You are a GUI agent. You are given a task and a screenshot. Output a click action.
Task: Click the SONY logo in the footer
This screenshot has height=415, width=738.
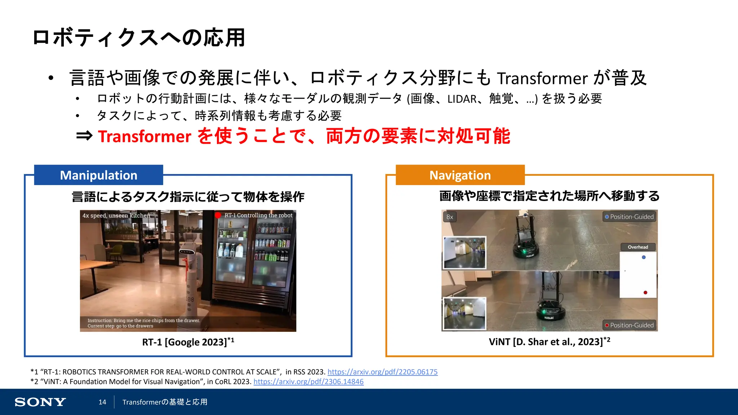pyautogui.click(x=40, y=402)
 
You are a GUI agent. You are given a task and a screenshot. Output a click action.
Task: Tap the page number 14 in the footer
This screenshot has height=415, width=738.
pyautogui.click(x=102, y=402)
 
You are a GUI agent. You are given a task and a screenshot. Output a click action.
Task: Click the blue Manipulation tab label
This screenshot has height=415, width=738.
pyautogui.click(x=98, y=175)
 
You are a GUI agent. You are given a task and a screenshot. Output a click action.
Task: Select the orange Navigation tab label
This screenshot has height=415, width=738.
pyautogui.click(x=460, y=175)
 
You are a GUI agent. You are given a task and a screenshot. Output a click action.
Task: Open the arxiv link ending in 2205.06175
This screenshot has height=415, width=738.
pyautogui.click(x=382, y=372)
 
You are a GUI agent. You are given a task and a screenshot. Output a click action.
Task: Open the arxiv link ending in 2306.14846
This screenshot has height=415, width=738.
pyautogui.click(x=308, y=381)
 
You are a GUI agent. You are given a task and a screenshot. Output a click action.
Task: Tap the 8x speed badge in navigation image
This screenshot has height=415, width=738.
pyautogui.click(x=449, y=217)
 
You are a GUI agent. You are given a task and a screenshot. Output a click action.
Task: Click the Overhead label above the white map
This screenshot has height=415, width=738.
pyautogui.click(x=637, y=247)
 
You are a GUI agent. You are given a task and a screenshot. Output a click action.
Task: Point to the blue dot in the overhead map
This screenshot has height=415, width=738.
pyautogui.click(x=644, y=257)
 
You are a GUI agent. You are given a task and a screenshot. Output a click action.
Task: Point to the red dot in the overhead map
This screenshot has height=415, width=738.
pyautogui.click(x=645, y=293)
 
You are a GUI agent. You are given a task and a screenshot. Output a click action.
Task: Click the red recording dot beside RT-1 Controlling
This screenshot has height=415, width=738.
pyautogui.click(x=218, y=215)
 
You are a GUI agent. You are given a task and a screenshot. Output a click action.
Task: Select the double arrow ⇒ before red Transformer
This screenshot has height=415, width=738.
pyautogui.click(x=84, y=136)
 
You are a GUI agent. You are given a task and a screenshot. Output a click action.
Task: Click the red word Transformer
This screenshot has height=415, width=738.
pyautogui.click(x=144, y=137)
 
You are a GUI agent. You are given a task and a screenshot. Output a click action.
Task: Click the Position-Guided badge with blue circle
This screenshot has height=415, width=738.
pyautogui.click(x=629, y=217)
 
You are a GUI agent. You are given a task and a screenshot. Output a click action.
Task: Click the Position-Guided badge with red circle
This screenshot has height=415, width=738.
pyautogui.click(x=629, y=325)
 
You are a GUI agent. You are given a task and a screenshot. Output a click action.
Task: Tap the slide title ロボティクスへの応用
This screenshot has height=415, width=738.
pyautogui.click(x=139, y=37)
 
